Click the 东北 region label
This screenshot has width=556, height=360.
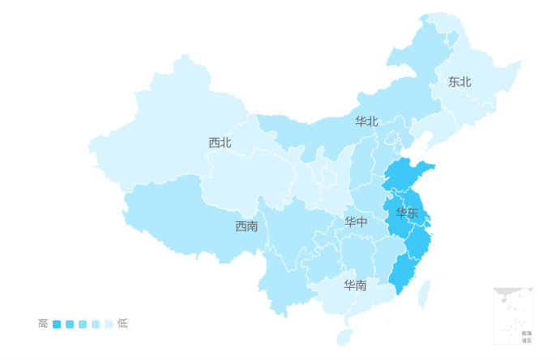tap(460, 82)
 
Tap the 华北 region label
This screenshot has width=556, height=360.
tap(366, 122)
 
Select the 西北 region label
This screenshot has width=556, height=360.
tap(220, 143)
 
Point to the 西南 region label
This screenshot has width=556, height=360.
tap(246, 226)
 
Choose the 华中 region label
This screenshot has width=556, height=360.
tap(356, 222)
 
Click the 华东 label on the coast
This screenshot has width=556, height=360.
tap(407, 213)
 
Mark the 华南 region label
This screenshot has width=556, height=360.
tap(354, 285)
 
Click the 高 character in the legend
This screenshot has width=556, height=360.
tap(43, 324)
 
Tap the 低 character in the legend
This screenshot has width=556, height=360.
tap(122, 324)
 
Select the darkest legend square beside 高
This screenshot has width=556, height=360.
tap(57, 324)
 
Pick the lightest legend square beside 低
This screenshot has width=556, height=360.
tap(109, 324)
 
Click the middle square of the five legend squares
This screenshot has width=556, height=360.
tap(83, 324)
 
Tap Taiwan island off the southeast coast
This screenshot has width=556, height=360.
tap(422, 296)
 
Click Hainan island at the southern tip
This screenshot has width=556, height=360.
tap(344, 336)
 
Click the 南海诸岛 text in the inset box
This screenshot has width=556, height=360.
tap(527, 336)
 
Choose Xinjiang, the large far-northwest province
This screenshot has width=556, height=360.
tap(154, 122)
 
